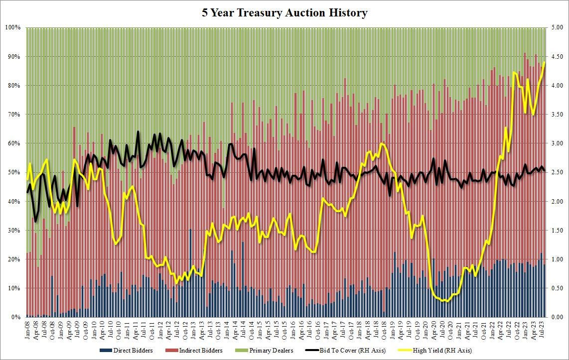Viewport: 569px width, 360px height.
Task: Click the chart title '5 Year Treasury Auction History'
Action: (284, 12)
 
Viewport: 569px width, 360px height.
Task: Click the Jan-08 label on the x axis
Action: (28, 329)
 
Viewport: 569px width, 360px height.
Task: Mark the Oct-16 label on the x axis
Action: (317, 329)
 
